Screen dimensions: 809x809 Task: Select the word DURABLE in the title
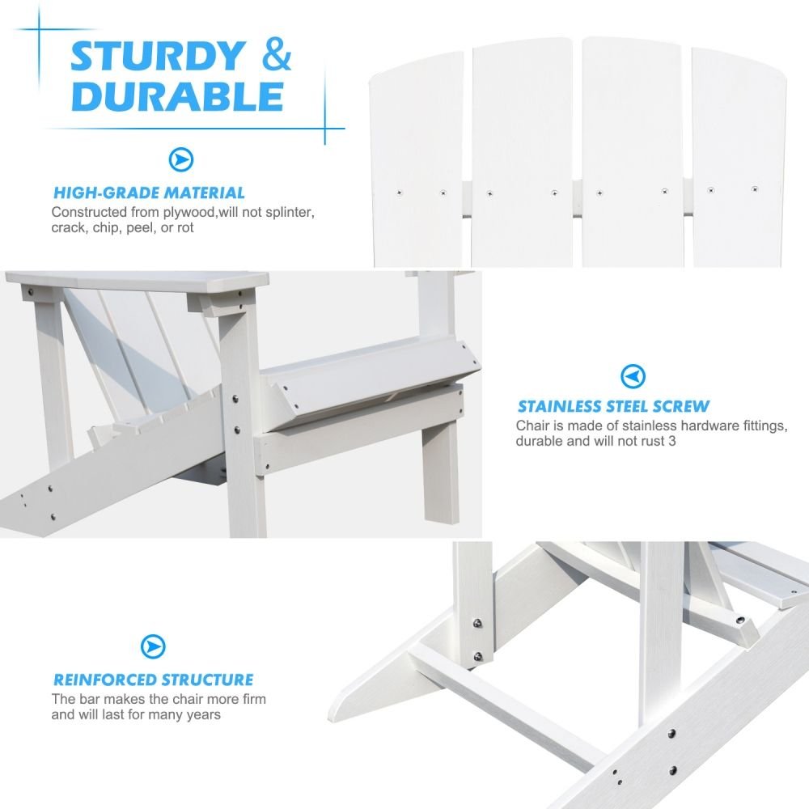pos(177,96)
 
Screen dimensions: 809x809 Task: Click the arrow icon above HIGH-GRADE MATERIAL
pos(181,160)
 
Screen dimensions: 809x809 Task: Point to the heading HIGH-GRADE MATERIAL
pos(149,193)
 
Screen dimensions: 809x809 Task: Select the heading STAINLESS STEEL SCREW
pos(613,407)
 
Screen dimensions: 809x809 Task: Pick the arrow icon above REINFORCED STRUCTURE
pos(153,646)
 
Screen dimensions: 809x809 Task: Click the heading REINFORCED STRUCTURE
pos(153,680)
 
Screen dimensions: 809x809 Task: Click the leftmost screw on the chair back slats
pos(399,193)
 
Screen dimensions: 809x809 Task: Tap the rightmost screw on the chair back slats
pos(754,189)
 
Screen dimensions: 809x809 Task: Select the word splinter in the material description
pos(290,212)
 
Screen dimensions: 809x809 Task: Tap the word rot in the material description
pos(185,228)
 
